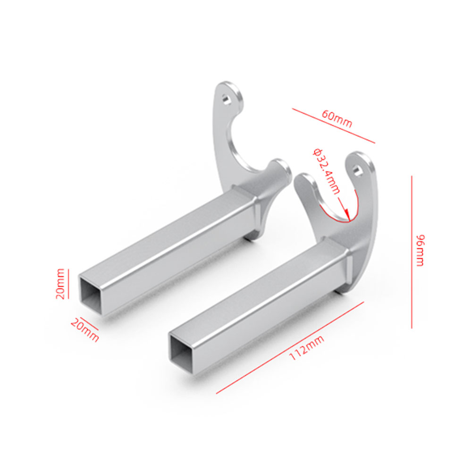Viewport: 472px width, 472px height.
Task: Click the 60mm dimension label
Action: [x=337, y=119]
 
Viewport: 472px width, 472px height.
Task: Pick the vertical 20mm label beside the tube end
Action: [x=60, y=284]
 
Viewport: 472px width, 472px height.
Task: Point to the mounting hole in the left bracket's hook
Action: [x=228, y=99]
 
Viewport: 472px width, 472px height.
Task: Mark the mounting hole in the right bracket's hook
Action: [x=359, y=170]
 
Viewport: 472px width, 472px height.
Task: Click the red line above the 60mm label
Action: [x=333, y=126]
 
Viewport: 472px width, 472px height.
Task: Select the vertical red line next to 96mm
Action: [x=412, y=252]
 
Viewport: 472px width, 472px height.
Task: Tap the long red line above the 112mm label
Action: [x=290, y=347]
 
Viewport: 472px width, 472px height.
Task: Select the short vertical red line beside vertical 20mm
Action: [x=68, y=284]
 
